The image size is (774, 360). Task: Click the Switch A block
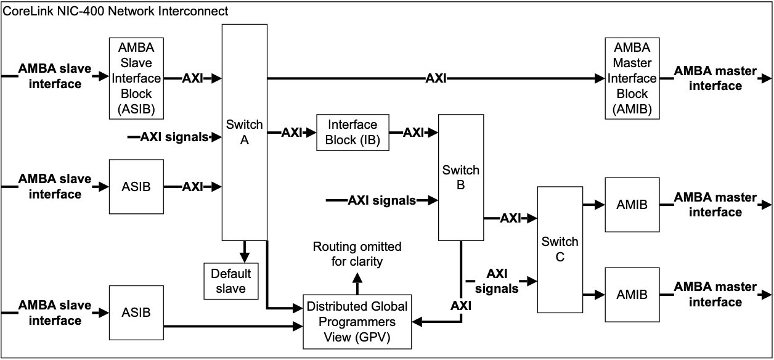pos(245,132)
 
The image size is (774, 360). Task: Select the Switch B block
pos(461,177)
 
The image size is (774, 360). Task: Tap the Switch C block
pos(560,249)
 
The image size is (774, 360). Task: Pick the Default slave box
pos(231,281)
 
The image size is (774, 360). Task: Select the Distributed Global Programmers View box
pos(357,321)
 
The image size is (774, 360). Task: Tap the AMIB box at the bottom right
pos(632,295)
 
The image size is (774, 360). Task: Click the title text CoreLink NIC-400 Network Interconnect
pos(116,11)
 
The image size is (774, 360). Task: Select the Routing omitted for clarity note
pos(357,254)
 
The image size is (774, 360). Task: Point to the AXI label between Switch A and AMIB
pos(436,78)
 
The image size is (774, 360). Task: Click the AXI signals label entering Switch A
pos(174,137)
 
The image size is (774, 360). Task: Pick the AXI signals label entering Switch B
pos(381,200)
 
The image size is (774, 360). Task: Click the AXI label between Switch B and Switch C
pos(510,218)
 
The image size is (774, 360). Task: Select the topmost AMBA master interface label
pos(715,78)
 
